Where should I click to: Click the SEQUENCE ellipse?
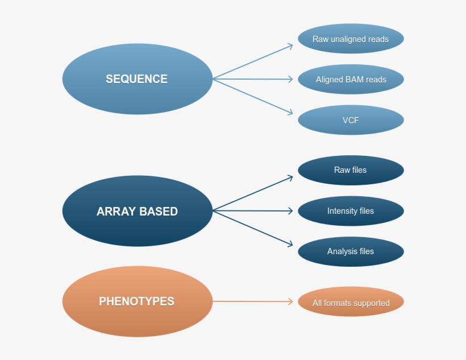pos(137,79)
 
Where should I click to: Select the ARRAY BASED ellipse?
pos(137,211)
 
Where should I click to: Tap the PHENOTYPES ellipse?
pos(137,301)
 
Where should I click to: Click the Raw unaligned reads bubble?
pos(351,39)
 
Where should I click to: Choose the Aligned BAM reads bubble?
pos(351,80)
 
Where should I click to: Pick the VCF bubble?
pos(351,120)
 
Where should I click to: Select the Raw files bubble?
pos(351,170)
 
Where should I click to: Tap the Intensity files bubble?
pos(351,211)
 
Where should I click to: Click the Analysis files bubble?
pos(351,251)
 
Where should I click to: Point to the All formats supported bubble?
pos(351,303)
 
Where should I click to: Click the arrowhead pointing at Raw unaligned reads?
pos(290,45)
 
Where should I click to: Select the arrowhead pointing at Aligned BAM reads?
pos(291,79)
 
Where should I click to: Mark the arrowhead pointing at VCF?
pos(290,113)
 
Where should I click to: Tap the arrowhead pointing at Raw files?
pos(290,177)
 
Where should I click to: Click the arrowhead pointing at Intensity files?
pos(291,211)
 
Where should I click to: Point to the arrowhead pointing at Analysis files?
pos(290,245)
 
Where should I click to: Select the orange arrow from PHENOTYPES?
pos(253,301)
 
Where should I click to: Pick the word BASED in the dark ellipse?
pos(156,212)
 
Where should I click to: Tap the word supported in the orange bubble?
pos(371,303)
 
